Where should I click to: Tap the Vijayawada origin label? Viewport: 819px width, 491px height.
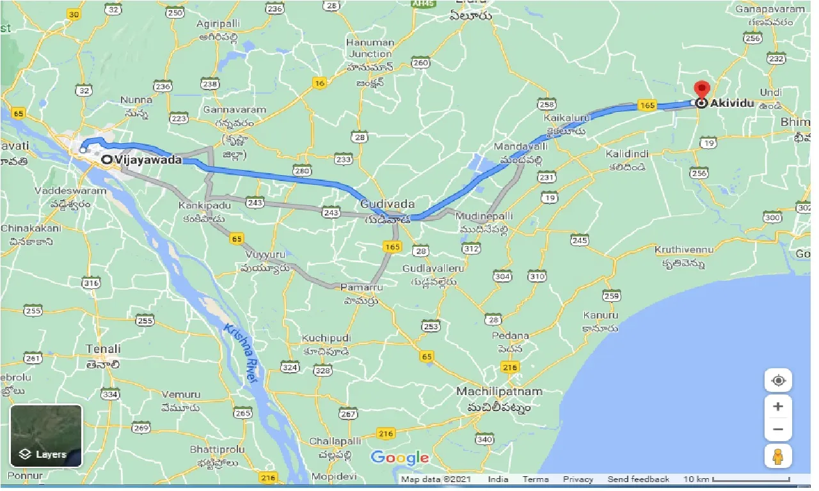click(148, 160)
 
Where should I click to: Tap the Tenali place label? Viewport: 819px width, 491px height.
click(103, 349)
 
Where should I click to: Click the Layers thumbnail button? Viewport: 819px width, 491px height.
click(46, 435)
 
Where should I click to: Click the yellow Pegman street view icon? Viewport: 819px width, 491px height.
click(779, 456)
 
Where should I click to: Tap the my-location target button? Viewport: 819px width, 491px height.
click(779, 381)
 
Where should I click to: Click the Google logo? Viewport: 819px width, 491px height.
click(399, 457)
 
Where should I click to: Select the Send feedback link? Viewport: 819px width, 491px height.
click(638, 479)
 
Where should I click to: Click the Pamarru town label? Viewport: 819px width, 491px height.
click(357, 288)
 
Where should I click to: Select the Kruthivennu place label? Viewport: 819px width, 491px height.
click(684, 249)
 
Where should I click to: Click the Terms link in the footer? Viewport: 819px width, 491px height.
click(535, 479)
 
